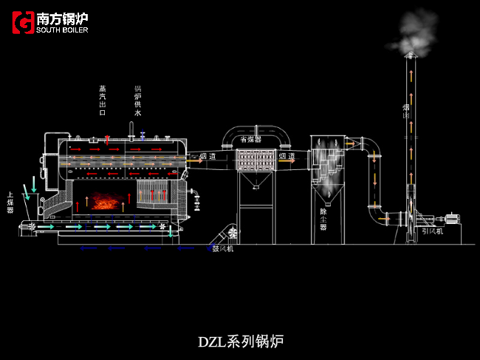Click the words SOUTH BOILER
click(61, 30)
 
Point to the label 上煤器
click(10, 202)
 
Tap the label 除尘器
click(323, 220)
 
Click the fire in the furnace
click(105, 200)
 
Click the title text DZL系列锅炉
click(240, 342)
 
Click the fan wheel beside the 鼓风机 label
click(233, 234)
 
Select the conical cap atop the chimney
click(411, 58)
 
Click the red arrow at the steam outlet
click(108, 138)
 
